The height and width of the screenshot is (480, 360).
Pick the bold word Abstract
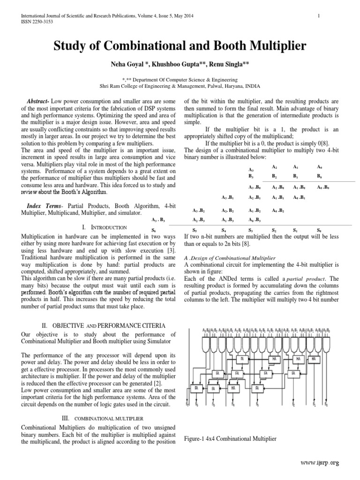tap(39, 102)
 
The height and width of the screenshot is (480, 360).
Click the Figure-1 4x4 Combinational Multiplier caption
tap(230, 439)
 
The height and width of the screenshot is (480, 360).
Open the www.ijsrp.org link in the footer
tap(320, 462)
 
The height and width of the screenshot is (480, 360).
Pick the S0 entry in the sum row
tap(319, 231)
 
